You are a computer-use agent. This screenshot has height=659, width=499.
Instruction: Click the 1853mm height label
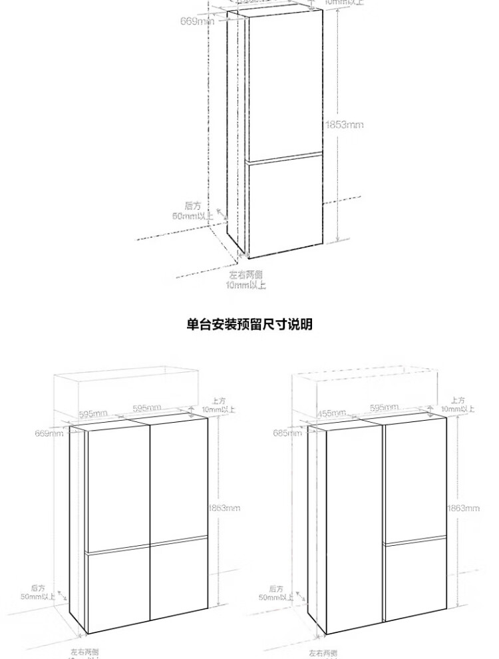[x=344, y=124]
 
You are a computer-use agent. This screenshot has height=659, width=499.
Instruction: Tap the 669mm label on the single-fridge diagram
[x=197, y=21]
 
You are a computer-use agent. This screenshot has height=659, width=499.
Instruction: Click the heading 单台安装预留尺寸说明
[x=249, y=325]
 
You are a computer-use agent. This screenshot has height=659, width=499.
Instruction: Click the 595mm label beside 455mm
[x=384, y=407]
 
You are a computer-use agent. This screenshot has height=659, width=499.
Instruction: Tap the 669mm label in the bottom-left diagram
[x=50, y=434]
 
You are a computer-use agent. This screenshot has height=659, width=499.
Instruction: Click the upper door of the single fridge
[x=284, y=87]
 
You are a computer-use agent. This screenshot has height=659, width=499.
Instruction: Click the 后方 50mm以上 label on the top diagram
[x=194, y=211]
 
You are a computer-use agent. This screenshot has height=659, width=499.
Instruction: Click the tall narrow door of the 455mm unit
[x=353, y=526]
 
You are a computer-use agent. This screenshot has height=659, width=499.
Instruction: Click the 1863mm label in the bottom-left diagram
[x=224, y=508]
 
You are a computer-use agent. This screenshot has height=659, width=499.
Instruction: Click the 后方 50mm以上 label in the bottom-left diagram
[x=38, y=592]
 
